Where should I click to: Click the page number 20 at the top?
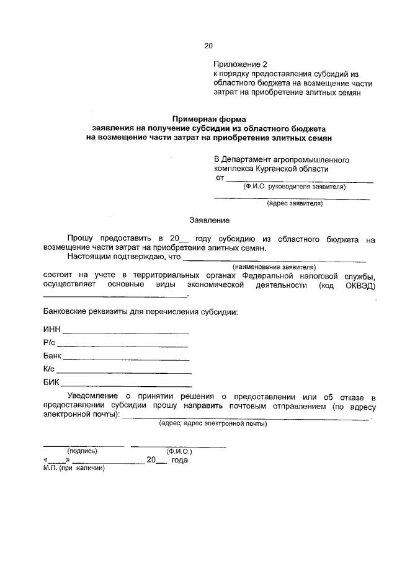(208, 45)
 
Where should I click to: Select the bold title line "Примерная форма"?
(209, 118)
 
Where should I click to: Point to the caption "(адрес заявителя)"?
(295, 203)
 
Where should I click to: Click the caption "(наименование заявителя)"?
(273, 267)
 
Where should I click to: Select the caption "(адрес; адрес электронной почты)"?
(213, 424)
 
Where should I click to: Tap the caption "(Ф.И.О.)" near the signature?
(179, 451)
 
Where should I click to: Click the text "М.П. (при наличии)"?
(74, 469)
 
